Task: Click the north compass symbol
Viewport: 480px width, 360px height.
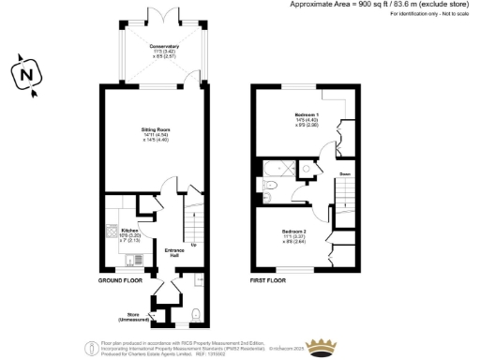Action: coord(28,75)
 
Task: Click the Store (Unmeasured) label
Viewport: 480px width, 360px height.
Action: coord(136,316)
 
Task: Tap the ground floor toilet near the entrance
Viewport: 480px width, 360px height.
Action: coord(194,313)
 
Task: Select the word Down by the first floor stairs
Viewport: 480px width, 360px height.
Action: coord(344,173)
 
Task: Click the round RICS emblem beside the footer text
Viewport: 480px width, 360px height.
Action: coord(80,347)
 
